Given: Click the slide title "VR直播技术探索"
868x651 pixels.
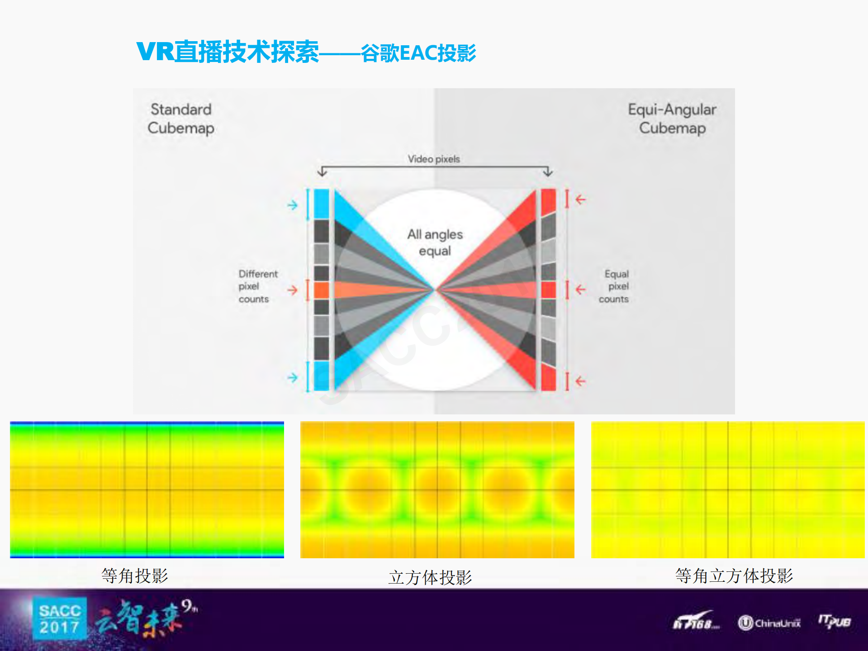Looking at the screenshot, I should point(228,52).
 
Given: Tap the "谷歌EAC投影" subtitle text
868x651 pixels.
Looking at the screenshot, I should point(418,53).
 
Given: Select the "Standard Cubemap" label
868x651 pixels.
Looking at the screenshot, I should point(181,119).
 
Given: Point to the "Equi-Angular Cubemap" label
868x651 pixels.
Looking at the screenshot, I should point(672,119).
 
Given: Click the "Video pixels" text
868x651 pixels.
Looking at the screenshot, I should point(434,159).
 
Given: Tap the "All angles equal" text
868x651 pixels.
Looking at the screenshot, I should point(435,242).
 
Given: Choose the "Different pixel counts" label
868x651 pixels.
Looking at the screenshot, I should point(257,286).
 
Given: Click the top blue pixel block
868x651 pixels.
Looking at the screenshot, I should point(321,204).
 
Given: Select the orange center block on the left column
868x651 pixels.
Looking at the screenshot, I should point(321,290).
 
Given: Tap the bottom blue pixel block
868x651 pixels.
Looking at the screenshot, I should point(321,375).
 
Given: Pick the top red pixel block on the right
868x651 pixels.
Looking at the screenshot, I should point(548,201).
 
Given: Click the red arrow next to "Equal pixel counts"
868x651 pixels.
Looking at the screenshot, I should point(581,290).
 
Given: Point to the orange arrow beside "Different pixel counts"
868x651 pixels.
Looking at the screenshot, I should point(293,290).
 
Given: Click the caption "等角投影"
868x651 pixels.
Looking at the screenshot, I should point(135,575).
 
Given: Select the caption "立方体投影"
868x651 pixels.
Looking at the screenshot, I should point(430,577).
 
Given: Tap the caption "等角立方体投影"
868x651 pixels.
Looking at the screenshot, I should point(734,575).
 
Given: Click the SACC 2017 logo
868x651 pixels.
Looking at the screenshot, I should point(60,619).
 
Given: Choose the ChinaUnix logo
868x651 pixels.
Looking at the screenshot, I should point(769,623).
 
